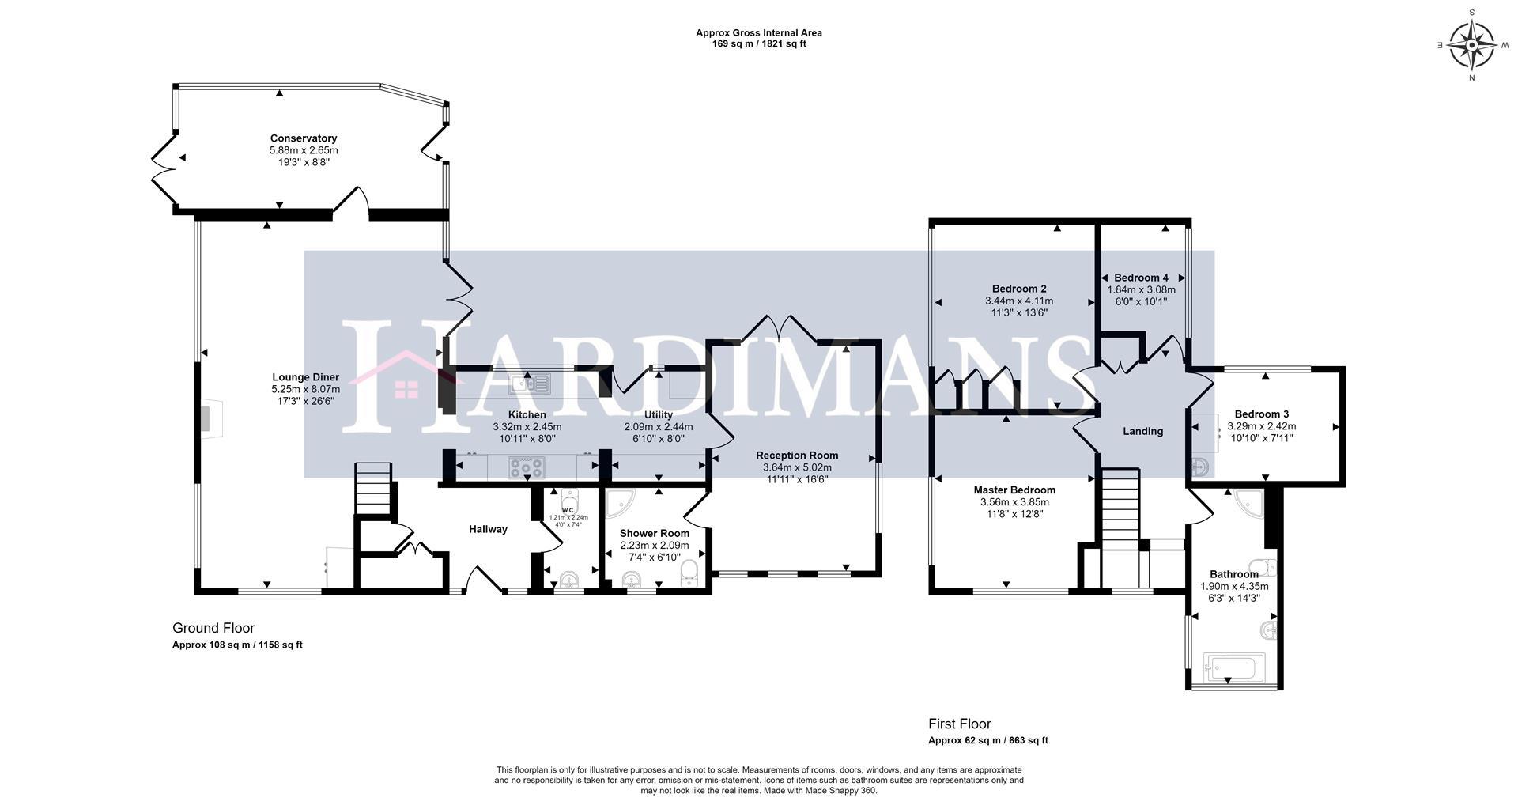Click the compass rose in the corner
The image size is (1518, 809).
pos(1471,45)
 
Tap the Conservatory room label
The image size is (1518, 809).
pos(304,138)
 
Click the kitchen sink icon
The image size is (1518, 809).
pos(531,384)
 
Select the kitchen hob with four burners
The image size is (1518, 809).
pos(527,468)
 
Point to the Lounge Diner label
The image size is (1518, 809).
pos(305,377)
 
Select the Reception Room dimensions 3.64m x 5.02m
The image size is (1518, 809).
pos(797,467)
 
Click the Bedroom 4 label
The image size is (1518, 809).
pos(1141,278)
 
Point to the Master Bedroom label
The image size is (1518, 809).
pos(1014,490)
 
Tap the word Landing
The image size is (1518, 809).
pos(1142,431)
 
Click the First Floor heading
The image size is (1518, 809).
pos(959,724)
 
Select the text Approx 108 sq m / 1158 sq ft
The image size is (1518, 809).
pos(237,645)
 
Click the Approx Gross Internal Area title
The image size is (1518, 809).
pos(758,33)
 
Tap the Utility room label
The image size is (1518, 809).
pos(658,414)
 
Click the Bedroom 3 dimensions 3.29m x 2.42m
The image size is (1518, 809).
pos(1261,425)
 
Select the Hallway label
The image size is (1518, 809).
pos(488,529)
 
